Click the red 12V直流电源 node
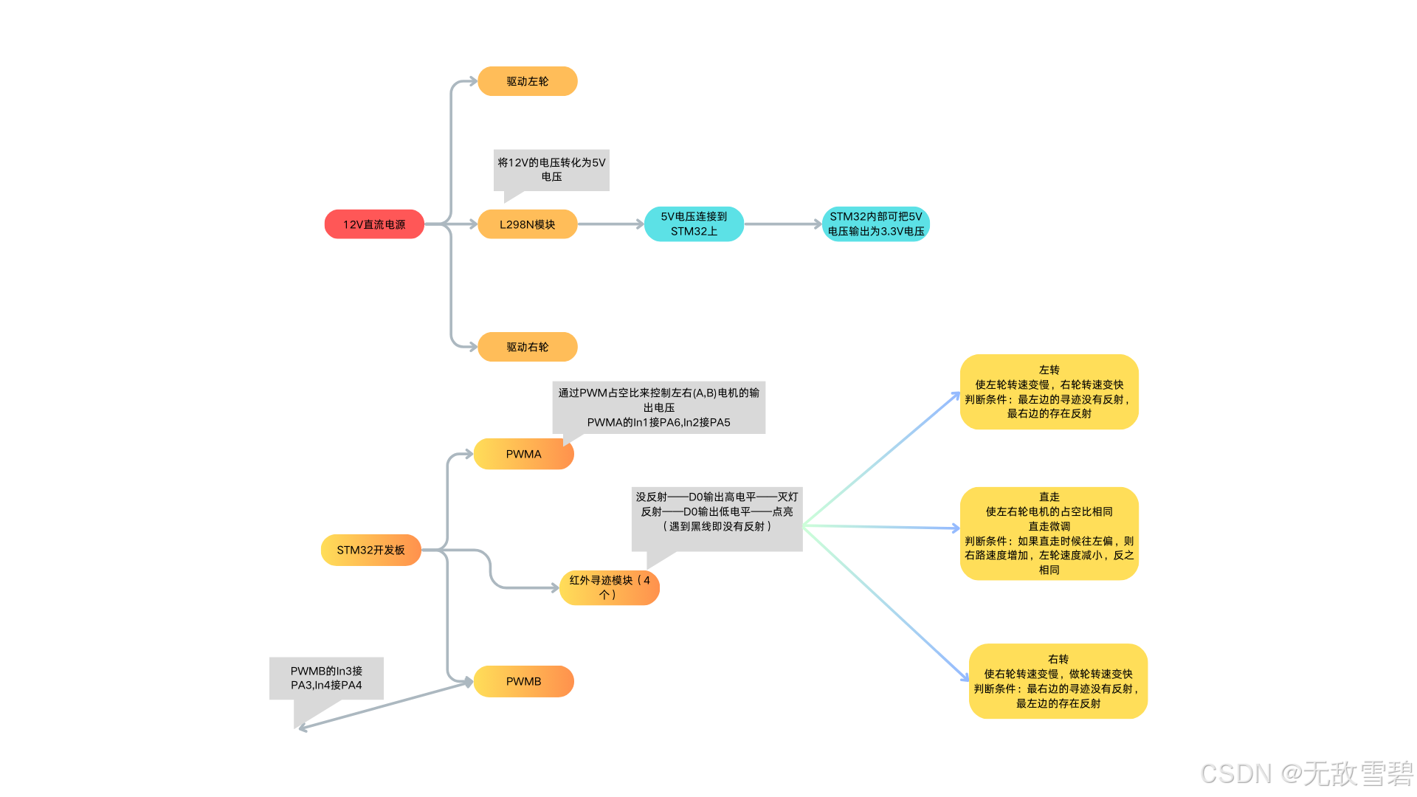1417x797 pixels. click(374, 224)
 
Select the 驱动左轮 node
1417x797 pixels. click(527, 81)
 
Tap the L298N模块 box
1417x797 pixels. click(527, 224)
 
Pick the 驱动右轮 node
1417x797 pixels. click(527, 347)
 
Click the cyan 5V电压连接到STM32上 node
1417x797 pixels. click(694, 224)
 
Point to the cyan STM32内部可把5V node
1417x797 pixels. click(875, 224)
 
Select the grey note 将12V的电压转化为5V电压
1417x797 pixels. click(551, 170)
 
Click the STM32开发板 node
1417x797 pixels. click(370, 551)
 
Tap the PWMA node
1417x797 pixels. click(523, 455)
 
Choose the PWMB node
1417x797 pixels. click(523, 682)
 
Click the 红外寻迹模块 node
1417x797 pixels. click(609, 588)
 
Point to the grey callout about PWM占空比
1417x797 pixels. click(658, 407)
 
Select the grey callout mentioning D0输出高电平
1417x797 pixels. click(717, 512)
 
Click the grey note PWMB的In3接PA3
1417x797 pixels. click(326, 678)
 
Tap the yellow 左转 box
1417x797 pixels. click(1049, 392)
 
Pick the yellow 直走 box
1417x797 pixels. click(1049, 534)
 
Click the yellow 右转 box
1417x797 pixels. click(1058, 681)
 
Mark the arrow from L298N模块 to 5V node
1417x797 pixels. click(610, 224)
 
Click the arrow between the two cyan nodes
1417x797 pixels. click(782, 224)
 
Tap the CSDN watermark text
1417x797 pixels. click(1306, 773)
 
